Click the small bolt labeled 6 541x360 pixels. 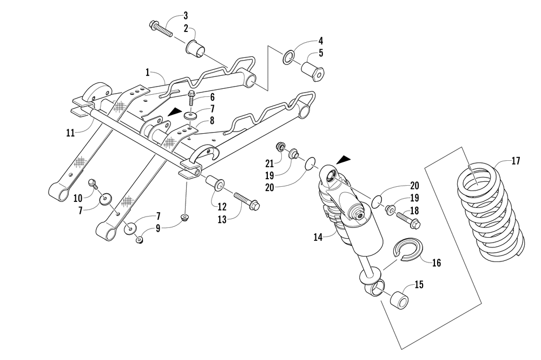(x=193, y=100)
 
